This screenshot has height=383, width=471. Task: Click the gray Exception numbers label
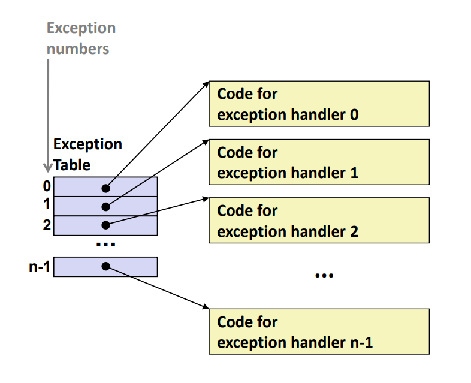tap(81, 38)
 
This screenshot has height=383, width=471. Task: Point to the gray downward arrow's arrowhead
tap(48, 168)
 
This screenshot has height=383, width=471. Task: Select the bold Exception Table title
tap(87, 155)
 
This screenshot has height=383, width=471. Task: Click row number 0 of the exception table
tap(47, 186)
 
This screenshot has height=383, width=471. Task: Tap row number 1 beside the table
tap(47, 204)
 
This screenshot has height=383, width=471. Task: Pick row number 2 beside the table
tap(47, 225)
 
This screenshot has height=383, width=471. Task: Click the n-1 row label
tap(40, 267)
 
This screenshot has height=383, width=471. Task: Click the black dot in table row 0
tap(105, 188)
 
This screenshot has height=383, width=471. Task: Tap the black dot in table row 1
tap(105, 207)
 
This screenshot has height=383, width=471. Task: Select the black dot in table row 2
tap(105, 225)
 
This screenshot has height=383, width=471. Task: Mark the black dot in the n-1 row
tap(105, 266)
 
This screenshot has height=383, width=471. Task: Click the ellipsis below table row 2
tap(105, 245)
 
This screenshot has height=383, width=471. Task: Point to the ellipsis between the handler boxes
tap(324, 275)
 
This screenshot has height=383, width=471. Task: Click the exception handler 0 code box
tap(319, 104)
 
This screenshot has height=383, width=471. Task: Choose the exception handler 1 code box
tap(319, 162)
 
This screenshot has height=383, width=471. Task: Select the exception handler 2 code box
tap(319, 220)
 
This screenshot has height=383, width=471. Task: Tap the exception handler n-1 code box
tap(319, 331)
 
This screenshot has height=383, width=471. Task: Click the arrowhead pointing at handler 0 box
tap(206, 84)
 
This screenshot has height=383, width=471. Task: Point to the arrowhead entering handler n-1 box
tap(206, 307)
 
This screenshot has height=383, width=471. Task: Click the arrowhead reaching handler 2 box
tap(206, 199)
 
